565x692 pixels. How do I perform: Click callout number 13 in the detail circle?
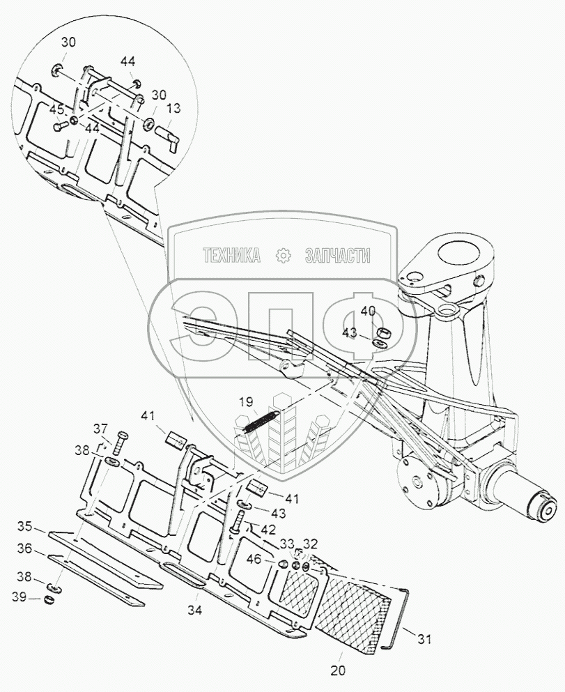[x=173, y=108]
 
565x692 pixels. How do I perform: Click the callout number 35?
[x=25, y=525]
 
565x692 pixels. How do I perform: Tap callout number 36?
[x=25, y=550]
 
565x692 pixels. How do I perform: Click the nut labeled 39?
[x=49, y=600]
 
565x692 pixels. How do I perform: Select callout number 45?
[x=56, y=109]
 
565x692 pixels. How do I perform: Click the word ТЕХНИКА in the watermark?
[x=231, y=256]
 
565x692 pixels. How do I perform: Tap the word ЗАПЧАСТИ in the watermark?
[x=337, y=256]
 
